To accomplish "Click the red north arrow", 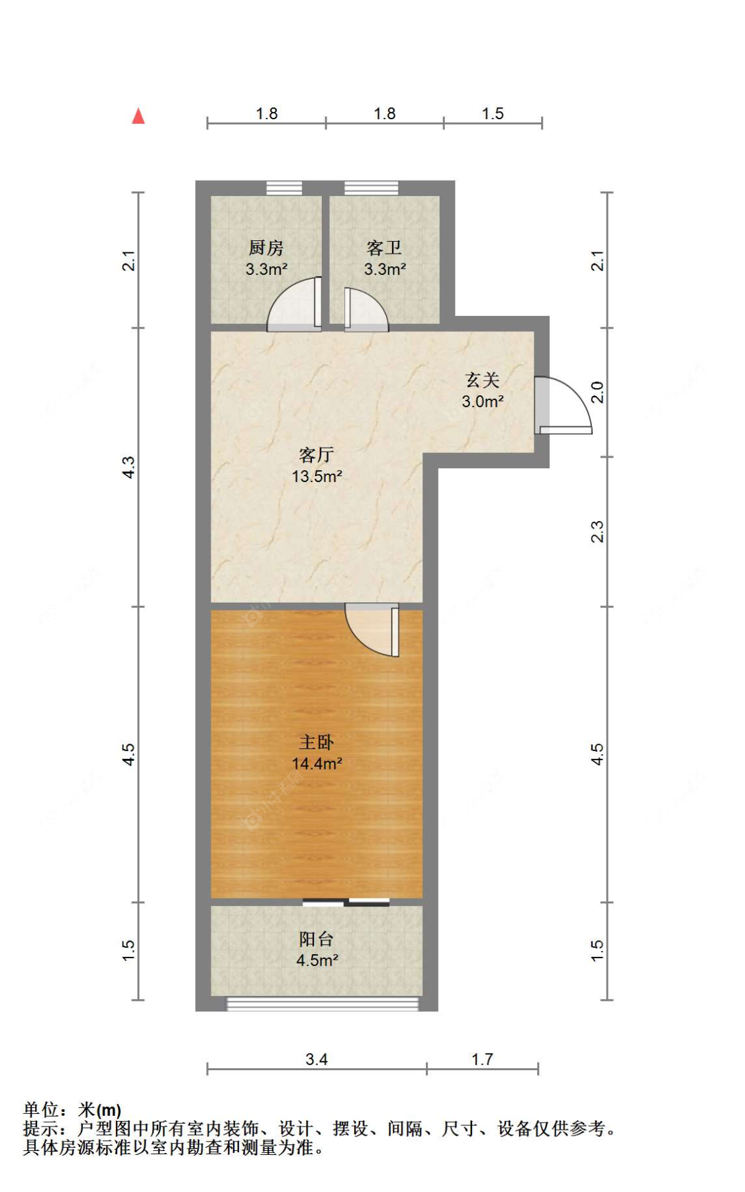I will click(138, 117).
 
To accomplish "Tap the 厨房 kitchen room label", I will click(266, 248).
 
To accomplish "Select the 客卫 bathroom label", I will click(384, 248).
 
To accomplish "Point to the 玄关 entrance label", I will click(482, 379).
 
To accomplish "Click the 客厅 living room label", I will click(316, 455).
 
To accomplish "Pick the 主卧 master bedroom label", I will click(316, 742).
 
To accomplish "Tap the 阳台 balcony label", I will click(316, 939).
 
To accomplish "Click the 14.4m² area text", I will click(317, 764).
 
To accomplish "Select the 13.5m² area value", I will click(317, 476).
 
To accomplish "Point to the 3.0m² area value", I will click(483, 401).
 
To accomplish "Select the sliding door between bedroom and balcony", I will click(346, 902).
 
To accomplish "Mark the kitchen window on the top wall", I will click(284, 188).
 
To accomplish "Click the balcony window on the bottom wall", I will click(323, 1004).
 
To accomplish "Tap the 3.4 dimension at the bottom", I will click(317, 1059).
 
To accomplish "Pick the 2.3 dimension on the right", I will click(597, 532).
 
